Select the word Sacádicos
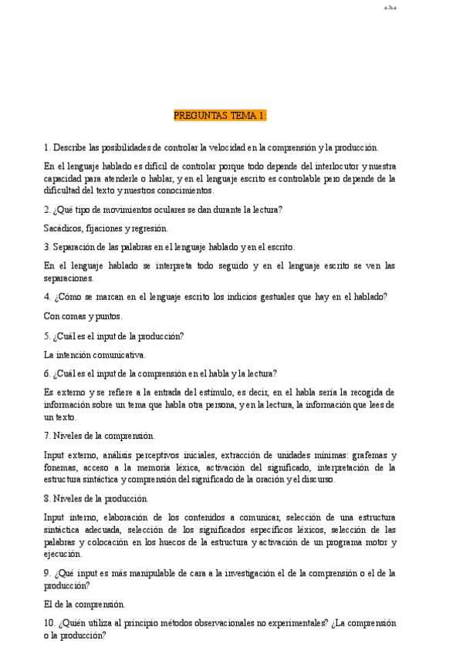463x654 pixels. (x=64, y=228)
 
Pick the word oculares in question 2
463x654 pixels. (x=170, y=209)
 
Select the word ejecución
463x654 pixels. (x=63, y=554)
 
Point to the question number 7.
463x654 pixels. (x=47, y=436)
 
